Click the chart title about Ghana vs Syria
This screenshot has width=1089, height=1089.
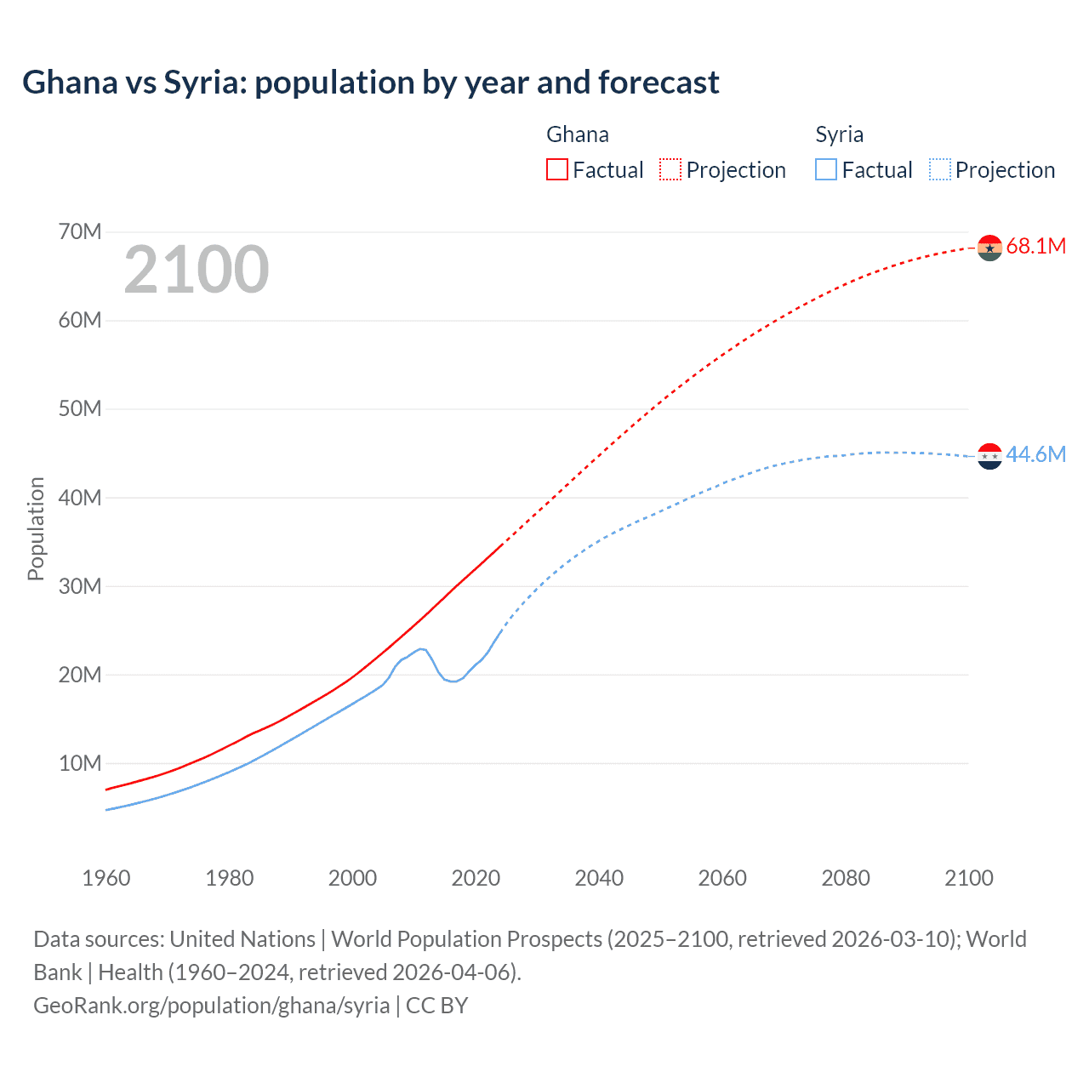click(371, 83)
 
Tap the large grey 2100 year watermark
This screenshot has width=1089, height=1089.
click(197, 270)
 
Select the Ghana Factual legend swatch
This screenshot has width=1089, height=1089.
click(556, 169)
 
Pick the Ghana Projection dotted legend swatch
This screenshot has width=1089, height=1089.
click(670, 169)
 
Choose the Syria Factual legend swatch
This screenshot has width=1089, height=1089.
click(825, 169)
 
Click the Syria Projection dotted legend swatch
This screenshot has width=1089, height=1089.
click(939, 169)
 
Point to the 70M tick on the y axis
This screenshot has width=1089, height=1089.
click(80, 231)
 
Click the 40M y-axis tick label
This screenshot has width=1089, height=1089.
click(80, 498)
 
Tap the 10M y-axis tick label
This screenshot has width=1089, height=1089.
click(80, 763)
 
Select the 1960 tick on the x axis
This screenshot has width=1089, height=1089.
click(106, 878)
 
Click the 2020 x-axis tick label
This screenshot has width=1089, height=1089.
click(476, 878)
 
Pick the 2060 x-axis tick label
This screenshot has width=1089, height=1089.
click(722, 878)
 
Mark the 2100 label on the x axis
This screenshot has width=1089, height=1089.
click(968, 878)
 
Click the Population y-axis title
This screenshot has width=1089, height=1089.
click(36, 528)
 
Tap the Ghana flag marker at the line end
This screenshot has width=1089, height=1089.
click(989, 248)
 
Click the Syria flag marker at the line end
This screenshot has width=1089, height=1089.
click(989, 456)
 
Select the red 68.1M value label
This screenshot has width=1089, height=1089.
click(1035, 247)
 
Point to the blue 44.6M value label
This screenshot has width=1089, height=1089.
click(1035, 455)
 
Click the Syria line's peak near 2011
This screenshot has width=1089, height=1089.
click(421, 649)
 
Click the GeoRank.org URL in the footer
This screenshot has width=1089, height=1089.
click(211, 1006)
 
